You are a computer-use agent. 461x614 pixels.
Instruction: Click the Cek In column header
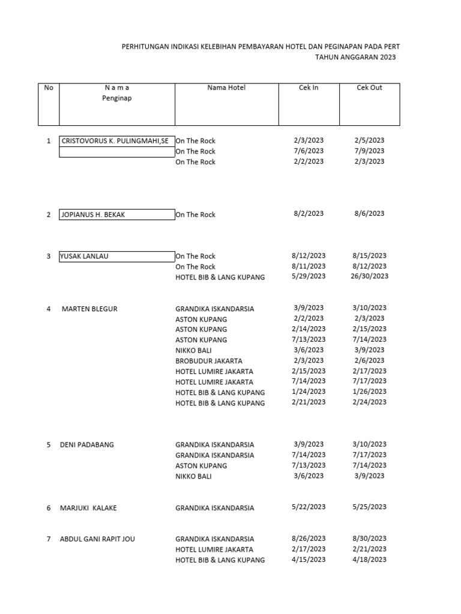(309, 88)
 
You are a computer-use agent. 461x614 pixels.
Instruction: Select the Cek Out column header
(369, 88)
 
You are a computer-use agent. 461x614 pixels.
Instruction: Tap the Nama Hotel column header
(226, 88)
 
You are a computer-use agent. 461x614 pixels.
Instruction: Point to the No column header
(49, 88)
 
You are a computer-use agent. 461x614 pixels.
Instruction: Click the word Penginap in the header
(116, 98)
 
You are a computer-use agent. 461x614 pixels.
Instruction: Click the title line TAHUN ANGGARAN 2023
(355, 57)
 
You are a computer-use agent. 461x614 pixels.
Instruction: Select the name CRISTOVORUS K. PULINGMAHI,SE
(115, 141)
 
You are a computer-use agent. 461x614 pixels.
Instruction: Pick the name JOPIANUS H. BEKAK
(94, 215)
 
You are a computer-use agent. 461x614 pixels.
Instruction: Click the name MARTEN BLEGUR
(89, 309)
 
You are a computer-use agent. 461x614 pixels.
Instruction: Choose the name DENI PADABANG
(87, 445)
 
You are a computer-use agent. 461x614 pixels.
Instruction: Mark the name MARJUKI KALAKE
(88, 508)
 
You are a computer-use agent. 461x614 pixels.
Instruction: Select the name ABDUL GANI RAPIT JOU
(97, 539)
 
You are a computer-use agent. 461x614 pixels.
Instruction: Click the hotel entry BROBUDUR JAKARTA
(209, 361)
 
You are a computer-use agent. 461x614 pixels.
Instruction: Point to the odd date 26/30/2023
(369, 276)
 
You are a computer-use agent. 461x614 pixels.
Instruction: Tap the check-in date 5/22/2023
(309, 507)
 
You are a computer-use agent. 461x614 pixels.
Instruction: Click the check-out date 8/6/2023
(369, 213)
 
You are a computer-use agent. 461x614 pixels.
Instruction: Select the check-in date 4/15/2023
(309, 559)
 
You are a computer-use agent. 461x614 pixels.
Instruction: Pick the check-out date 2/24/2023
(369, 402)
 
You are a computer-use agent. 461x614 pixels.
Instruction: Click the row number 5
(49, 445)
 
